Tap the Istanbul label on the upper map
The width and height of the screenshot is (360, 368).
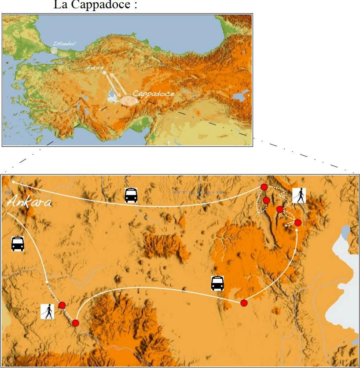coord(64,44)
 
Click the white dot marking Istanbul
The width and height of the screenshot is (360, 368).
coord(54,50)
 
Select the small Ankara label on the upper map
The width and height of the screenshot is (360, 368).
coord(95,67)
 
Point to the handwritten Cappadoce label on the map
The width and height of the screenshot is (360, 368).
coord(154,93)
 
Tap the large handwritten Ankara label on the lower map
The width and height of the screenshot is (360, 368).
coord(29,202)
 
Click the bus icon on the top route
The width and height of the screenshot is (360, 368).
coord(131,195)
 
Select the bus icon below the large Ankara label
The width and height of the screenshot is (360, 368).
coord(18,244)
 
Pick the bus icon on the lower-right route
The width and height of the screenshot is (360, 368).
coord(217,283)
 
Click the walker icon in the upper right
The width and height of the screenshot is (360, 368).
coord(299,195)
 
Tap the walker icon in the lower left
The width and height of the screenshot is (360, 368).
coord(47,311)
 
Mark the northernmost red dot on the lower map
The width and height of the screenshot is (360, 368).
coord(264,187)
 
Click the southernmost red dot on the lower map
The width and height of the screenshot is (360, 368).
coord(76,323)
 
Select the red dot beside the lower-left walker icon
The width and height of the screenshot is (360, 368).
coord(62,305)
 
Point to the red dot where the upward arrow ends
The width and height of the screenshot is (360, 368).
coord(298,223)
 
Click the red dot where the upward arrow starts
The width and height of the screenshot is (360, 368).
coord(244,302)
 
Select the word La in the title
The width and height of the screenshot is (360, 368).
coord(60,6)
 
